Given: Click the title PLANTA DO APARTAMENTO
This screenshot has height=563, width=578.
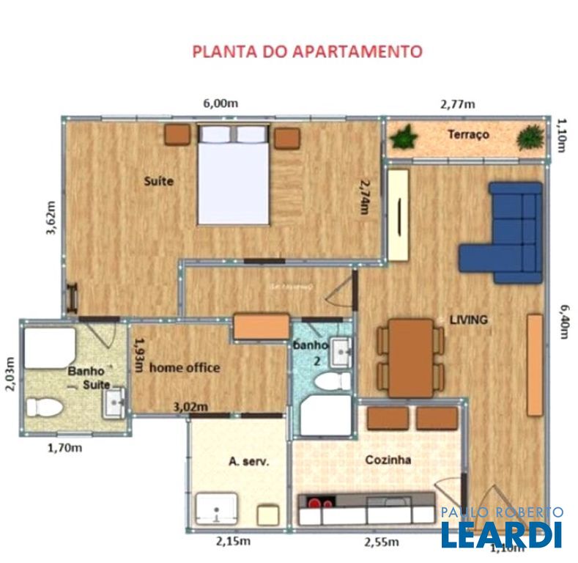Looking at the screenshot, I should pyautogui.click(x=307, y=51).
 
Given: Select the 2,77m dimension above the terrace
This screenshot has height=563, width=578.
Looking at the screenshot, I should pyautogui.click(x=457, y=104).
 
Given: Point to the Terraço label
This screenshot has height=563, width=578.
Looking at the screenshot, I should pyautogui.click(x=468, y=135).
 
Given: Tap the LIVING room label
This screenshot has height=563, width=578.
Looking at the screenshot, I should pyautogui.click(x=468, y=320).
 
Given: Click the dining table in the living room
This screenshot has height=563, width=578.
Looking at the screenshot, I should pyautogui.click(x=410, y=357).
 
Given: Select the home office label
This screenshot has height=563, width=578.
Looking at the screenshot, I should pyautogui.click(x=185, y=367).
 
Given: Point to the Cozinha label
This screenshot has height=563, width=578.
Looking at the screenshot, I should pyautogui.click(x=388, y=460).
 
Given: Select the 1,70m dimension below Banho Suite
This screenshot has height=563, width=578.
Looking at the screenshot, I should pyautogui.click(x=64, y=446).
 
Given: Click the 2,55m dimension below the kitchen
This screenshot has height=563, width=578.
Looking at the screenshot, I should pyautogui.click(x=382, y=542).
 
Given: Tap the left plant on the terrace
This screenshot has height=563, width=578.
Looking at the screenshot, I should pyautogui.click(x=403, y=136).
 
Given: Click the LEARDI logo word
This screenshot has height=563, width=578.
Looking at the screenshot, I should pyautogui.click(x=501, y=535).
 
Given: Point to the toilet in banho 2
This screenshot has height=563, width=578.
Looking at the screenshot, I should pyautogui.click(x=336, y=381).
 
